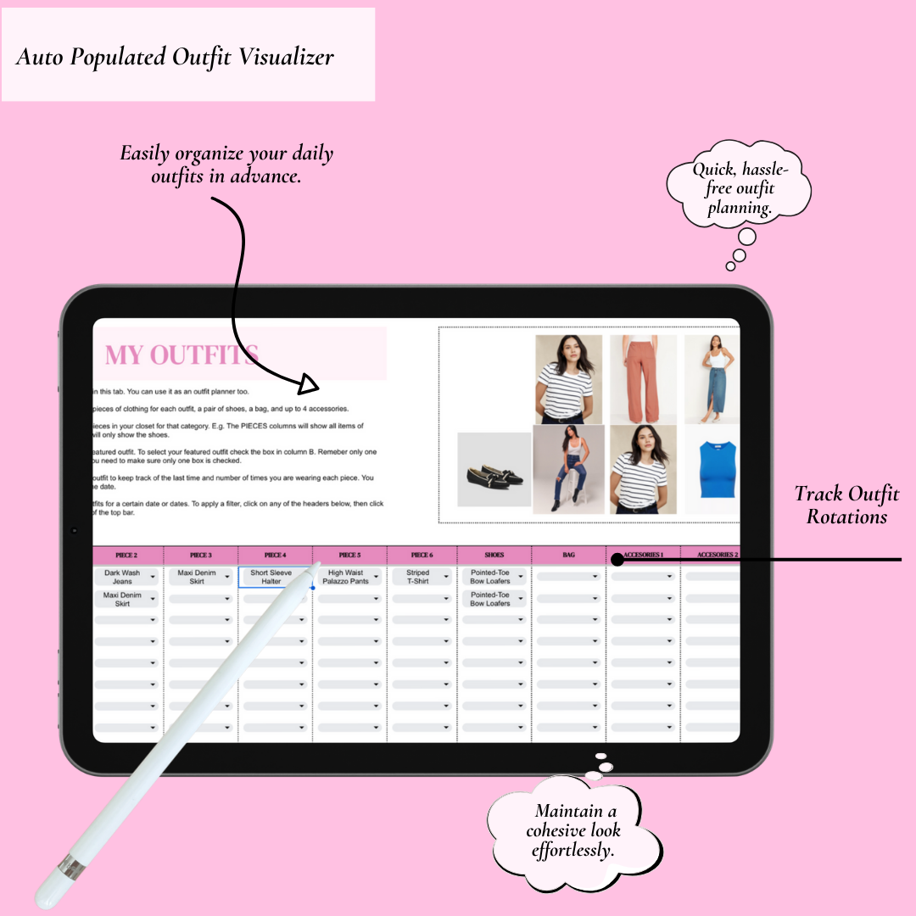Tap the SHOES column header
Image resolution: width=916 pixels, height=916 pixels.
[x=494, y=556]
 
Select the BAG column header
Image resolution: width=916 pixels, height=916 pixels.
[x=568, y=556]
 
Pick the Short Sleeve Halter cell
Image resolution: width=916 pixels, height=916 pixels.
[x=271, y=578]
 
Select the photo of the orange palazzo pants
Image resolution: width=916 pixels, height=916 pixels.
[x=643, y=378]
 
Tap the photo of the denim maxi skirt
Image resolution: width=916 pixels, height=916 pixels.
[x=711, y=378]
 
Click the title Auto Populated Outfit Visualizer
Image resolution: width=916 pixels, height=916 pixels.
[x=175, y=58]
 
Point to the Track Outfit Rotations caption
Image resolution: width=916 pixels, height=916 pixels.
[x=846, y=505]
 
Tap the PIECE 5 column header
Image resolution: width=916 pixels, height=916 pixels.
[x=349, y=556]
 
